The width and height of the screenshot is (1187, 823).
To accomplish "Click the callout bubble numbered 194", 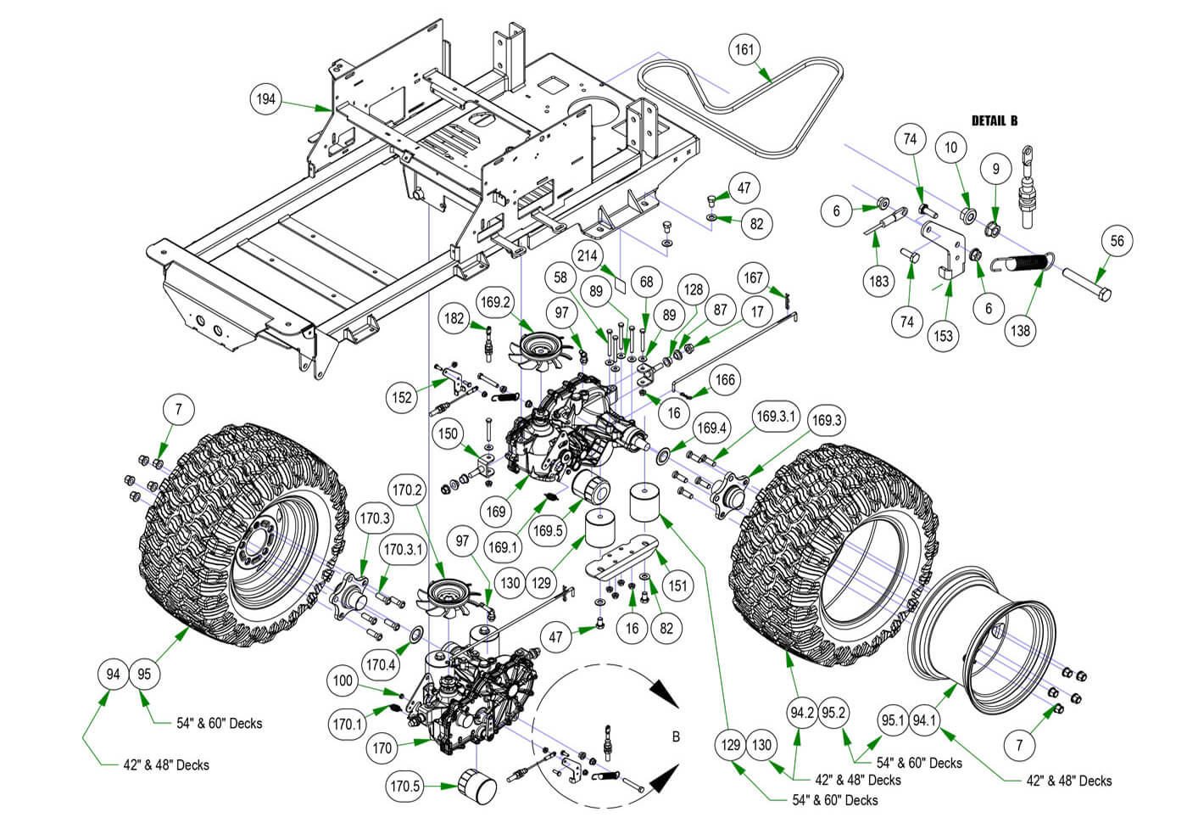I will [266, 99].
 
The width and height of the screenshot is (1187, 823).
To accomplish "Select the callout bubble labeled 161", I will [744, 49].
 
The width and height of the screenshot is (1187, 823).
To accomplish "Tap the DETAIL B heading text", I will [994, 120].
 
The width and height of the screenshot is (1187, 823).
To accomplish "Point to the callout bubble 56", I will [1117, 241].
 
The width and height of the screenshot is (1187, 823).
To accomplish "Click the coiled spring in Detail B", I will [1027, 262].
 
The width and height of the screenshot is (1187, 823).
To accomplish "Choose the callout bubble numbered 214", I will [587, 255].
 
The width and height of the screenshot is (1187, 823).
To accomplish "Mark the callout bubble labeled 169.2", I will [495, 301].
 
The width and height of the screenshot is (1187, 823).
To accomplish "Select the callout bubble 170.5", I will [405, 786].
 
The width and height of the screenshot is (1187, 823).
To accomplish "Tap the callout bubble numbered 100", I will [343, 680].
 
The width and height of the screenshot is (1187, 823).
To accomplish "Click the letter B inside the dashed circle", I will [676, 736].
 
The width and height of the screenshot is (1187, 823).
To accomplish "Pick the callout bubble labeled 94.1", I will [924, 721].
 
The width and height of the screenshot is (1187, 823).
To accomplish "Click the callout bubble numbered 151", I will [677, 585].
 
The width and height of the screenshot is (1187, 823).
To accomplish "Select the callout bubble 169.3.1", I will [777, 416].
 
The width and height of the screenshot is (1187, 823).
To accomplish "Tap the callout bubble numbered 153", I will [943, 335].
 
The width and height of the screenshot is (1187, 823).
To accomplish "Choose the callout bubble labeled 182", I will [454, 318].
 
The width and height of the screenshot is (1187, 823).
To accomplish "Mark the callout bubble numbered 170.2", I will [407, 490].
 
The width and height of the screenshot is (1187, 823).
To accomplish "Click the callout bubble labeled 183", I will [878, 281].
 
